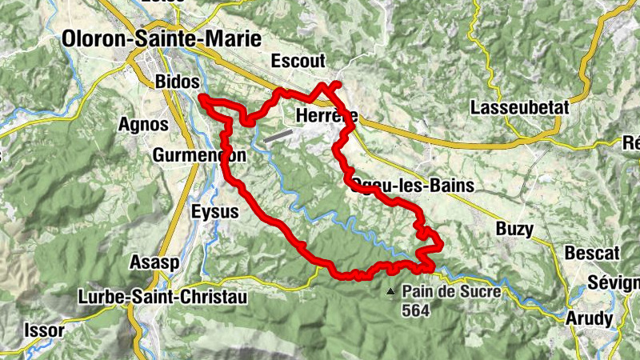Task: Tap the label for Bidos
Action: pyautogui.click(x=177, y=82)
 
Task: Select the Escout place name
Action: pyautogui.click(x=298, y=62)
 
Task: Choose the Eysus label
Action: pyautogui.click(x=215, y=212)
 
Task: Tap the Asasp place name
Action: pyautogui.click(x=154, y=262)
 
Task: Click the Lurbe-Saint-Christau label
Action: pyautogui.click(x=163, y=296)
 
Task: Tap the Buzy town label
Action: pyautogui.click(x=514, y=229)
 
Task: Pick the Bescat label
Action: pyautogui.click(x=592, y=253)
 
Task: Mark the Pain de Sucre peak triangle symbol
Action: pyautogui.click(x=390, y=292)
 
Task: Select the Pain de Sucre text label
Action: pyautogui.click(x=452, y=292)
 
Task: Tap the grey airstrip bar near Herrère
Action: pyautogui.click(x=277, y=137)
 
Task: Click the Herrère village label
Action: pyautogui.click(x=326, y=115)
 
